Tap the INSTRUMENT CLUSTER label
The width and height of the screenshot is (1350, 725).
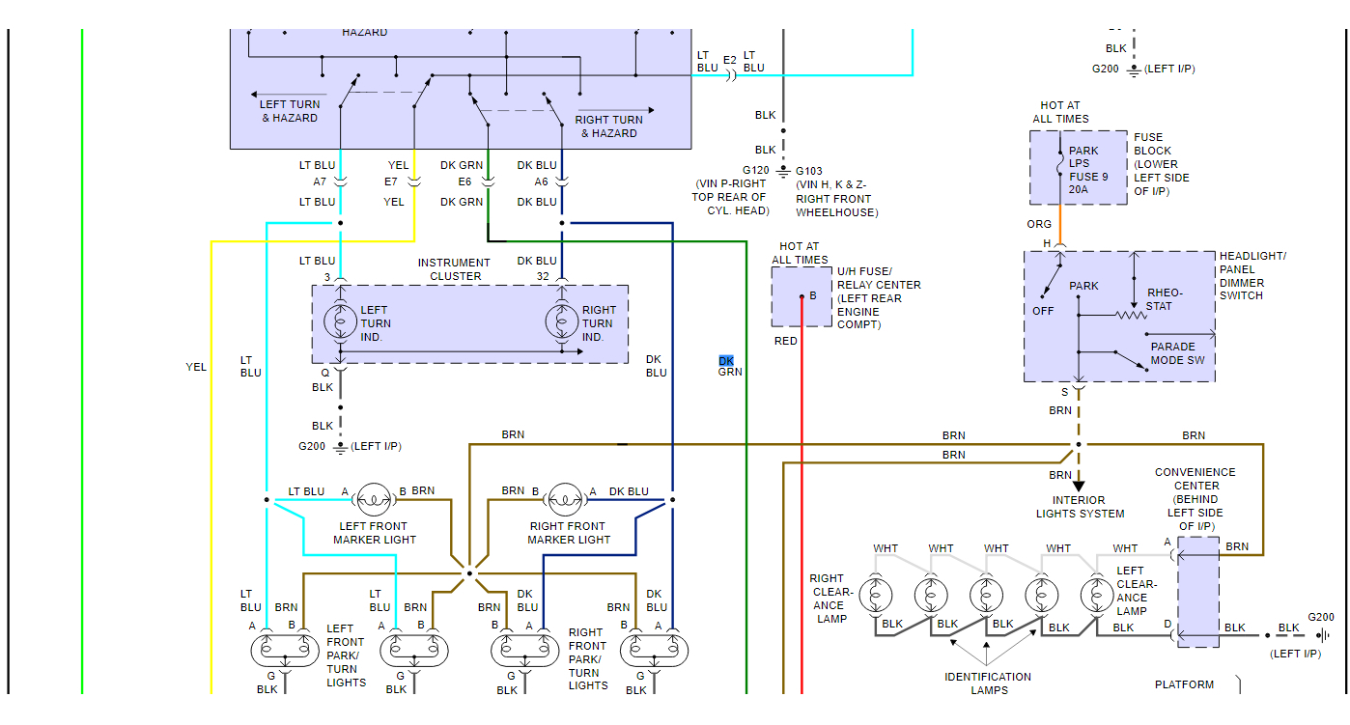(454, 269)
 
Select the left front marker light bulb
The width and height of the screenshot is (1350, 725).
(373, 499)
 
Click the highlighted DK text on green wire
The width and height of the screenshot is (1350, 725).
(726, 361)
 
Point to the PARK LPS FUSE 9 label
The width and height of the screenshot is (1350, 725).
(1086, 170)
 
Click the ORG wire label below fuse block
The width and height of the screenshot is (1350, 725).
(1039, 224)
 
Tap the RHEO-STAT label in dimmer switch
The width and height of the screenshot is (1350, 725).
(1160, 299)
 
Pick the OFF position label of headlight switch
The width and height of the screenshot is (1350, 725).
(1043, 311)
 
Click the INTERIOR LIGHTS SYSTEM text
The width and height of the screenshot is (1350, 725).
(1081, 507)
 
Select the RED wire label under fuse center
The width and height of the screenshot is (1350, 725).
(786, 341)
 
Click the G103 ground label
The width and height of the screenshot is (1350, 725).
(809, 171)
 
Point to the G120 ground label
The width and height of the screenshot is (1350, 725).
(755, 171)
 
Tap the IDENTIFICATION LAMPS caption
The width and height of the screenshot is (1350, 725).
(987, 683)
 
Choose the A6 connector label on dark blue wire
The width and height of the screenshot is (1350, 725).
(541, 181)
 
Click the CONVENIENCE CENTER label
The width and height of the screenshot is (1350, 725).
(1195, 479)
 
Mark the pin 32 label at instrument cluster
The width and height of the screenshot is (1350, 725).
(543, 276)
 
